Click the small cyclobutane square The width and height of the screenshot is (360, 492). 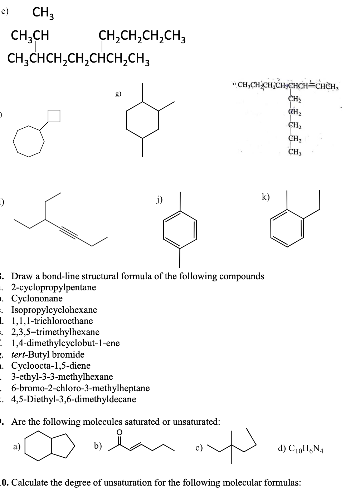pyautogui.click(x=54, y=115)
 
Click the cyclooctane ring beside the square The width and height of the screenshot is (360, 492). pyautogui.click(x=29, y=141)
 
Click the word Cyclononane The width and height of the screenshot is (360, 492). pyautogui.click(x=37, y=299)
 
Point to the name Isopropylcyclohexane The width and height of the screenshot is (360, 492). pyautogui.click(x=54, y=310)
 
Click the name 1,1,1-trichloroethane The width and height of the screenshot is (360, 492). pyautogui.click(x=52, y=321)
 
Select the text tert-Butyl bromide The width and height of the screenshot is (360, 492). pyautogui.click(x=48, y=355)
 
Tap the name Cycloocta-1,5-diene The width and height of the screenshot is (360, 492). pyautogui.click(x=51, y=366)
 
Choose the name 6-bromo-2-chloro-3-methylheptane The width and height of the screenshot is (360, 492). pyautogui.click(x=81, y=388)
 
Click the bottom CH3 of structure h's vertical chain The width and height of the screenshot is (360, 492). pyautogui.click(x=295, y=152)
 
